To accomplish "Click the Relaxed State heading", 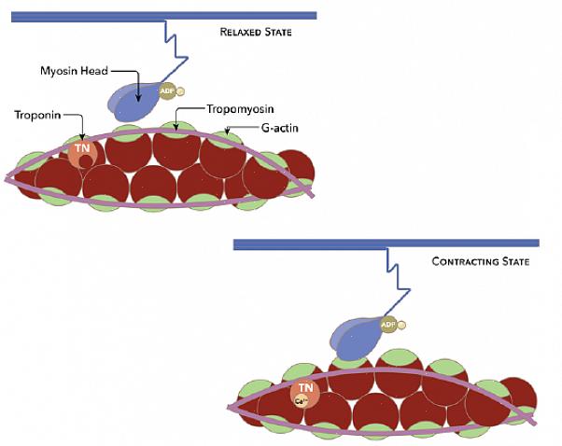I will pyautogui.click(x=256, y=32).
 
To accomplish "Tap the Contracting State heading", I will pyautogui.click(x=480, y=262).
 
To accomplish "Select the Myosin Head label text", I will pyautogui.click(x=77, y=70).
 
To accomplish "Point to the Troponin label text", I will pyautogui.click(x=37, y=115).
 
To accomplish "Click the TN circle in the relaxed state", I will pyautogui.click(x=81, y=150).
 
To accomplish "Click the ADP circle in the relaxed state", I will pyautogui.click(x=168, y=91).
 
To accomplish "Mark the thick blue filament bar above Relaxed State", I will pyautogui.click(x=158, y=15).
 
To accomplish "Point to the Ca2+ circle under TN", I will pyautogui.click(x=302, y=402).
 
